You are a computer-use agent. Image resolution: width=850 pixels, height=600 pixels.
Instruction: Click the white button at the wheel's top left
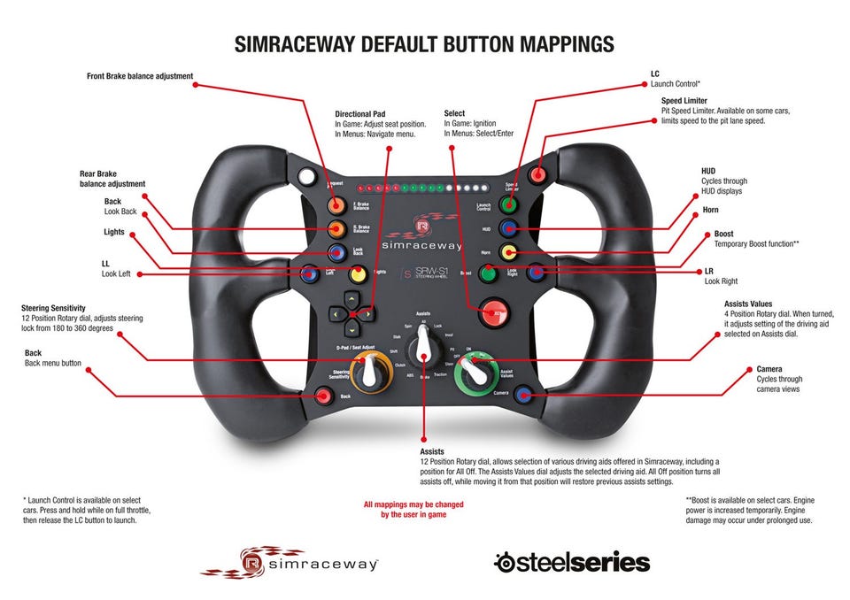(307, 178)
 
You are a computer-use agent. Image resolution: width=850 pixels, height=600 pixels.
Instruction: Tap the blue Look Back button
(336, 252)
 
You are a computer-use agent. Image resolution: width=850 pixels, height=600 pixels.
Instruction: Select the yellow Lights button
(358, 274)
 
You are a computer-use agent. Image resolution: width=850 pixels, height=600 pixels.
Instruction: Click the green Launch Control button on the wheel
(508, 205)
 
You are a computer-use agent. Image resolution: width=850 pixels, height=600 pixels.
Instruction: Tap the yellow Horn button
(508, 251)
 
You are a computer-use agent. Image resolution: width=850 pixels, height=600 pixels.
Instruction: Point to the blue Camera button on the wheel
(525, 394)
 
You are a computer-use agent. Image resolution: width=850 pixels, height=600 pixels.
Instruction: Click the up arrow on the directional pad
(351, 298)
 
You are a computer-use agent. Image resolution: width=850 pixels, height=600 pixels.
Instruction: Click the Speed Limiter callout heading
(684, 101)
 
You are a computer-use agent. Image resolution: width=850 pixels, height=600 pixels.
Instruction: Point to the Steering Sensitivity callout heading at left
(58, 309)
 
